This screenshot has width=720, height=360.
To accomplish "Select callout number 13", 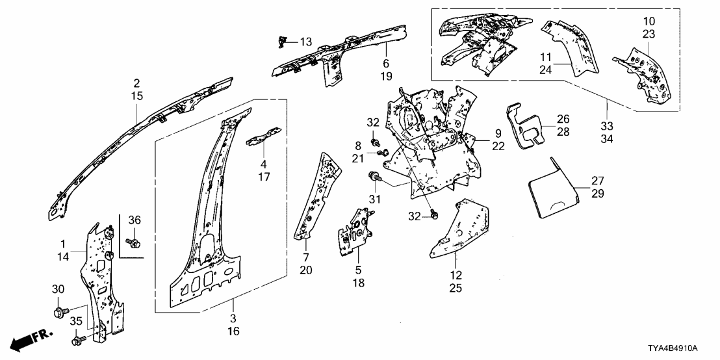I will coord(305,42).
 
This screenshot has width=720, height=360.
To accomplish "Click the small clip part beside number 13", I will coord(282,41).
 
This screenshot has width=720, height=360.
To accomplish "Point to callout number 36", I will coord(135,220).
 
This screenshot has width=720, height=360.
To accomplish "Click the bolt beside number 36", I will coord(135,243).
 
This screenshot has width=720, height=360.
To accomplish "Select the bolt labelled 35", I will coord(78,339).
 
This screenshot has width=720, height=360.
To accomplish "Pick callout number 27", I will coord(597,180).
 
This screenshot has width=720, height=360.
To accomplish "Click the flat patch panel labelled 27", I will coord(551,190).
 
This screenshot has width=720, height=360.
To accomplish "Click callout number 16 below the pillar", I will coord(233,332).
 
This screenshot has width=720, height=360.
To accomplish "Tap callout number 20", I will coord(306,270).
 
